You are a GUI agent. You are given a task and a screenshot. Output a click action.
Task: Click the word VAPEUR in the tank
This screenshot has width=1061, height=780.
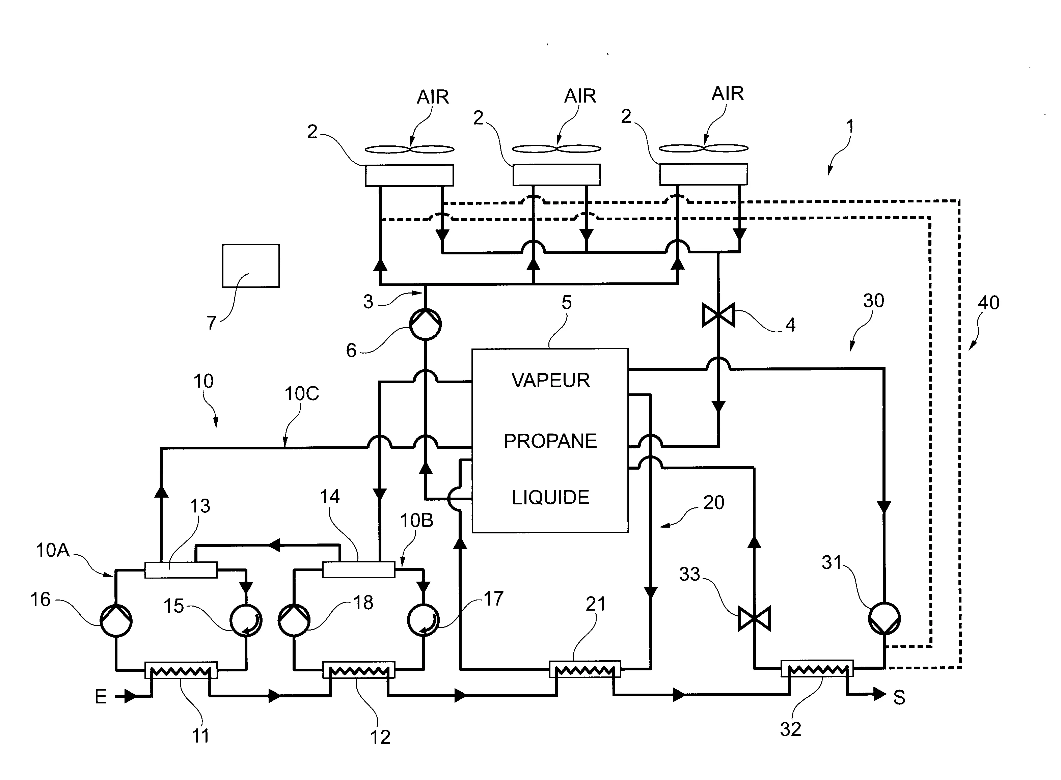(550, 381)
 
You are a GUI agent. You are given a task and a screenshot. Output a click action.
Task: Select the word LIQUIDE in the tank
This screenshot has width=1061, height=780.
(550, 498)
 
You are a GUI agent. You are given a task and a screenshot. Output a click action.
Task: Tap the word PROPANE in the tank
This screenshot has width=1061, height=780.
(550, 441)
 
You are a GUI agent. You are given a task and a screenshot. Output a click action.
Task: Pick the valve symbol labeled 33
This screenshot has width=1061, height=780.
(754, 619)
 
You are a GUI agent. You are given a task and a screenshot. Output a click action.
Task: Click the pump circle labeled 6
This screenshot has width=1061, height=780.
(425, 324)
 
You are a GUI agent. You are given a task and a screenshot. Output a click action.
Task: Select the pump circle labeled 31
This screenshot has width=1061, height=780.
(884, 618)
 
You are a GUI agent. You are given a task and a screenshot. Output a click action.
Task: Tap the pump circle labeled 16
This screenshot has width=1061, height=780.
(116, 621)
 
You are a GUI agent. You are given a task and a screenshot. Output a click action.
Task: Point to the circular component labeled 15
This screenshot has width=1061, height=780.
(246, 620)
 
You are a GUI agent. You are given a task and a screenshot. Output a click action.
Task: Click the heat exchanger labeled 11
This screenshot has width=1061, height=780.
(181, 670)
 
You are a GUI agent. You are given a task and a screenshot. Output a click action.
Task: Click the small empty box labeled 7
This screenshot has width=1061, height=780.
(251, 266)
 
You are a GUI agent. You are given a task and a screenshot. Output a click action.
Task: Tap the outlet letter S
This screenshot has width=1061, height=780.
(899, 698)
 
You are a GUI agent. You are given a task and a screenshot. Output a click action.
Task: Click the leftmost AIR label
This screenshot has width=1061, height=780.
(433, 97)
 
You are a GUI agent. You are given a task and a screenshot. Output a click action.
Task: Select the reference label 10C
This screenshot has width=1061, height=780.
(302, 394)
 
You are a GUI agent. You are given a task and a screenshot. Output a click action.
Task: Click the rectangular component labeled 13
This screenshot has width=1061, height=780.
(181, 570)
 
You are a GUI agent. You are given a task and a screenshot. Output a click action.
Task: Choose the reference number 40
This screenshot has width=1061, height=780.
(988, 303)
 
